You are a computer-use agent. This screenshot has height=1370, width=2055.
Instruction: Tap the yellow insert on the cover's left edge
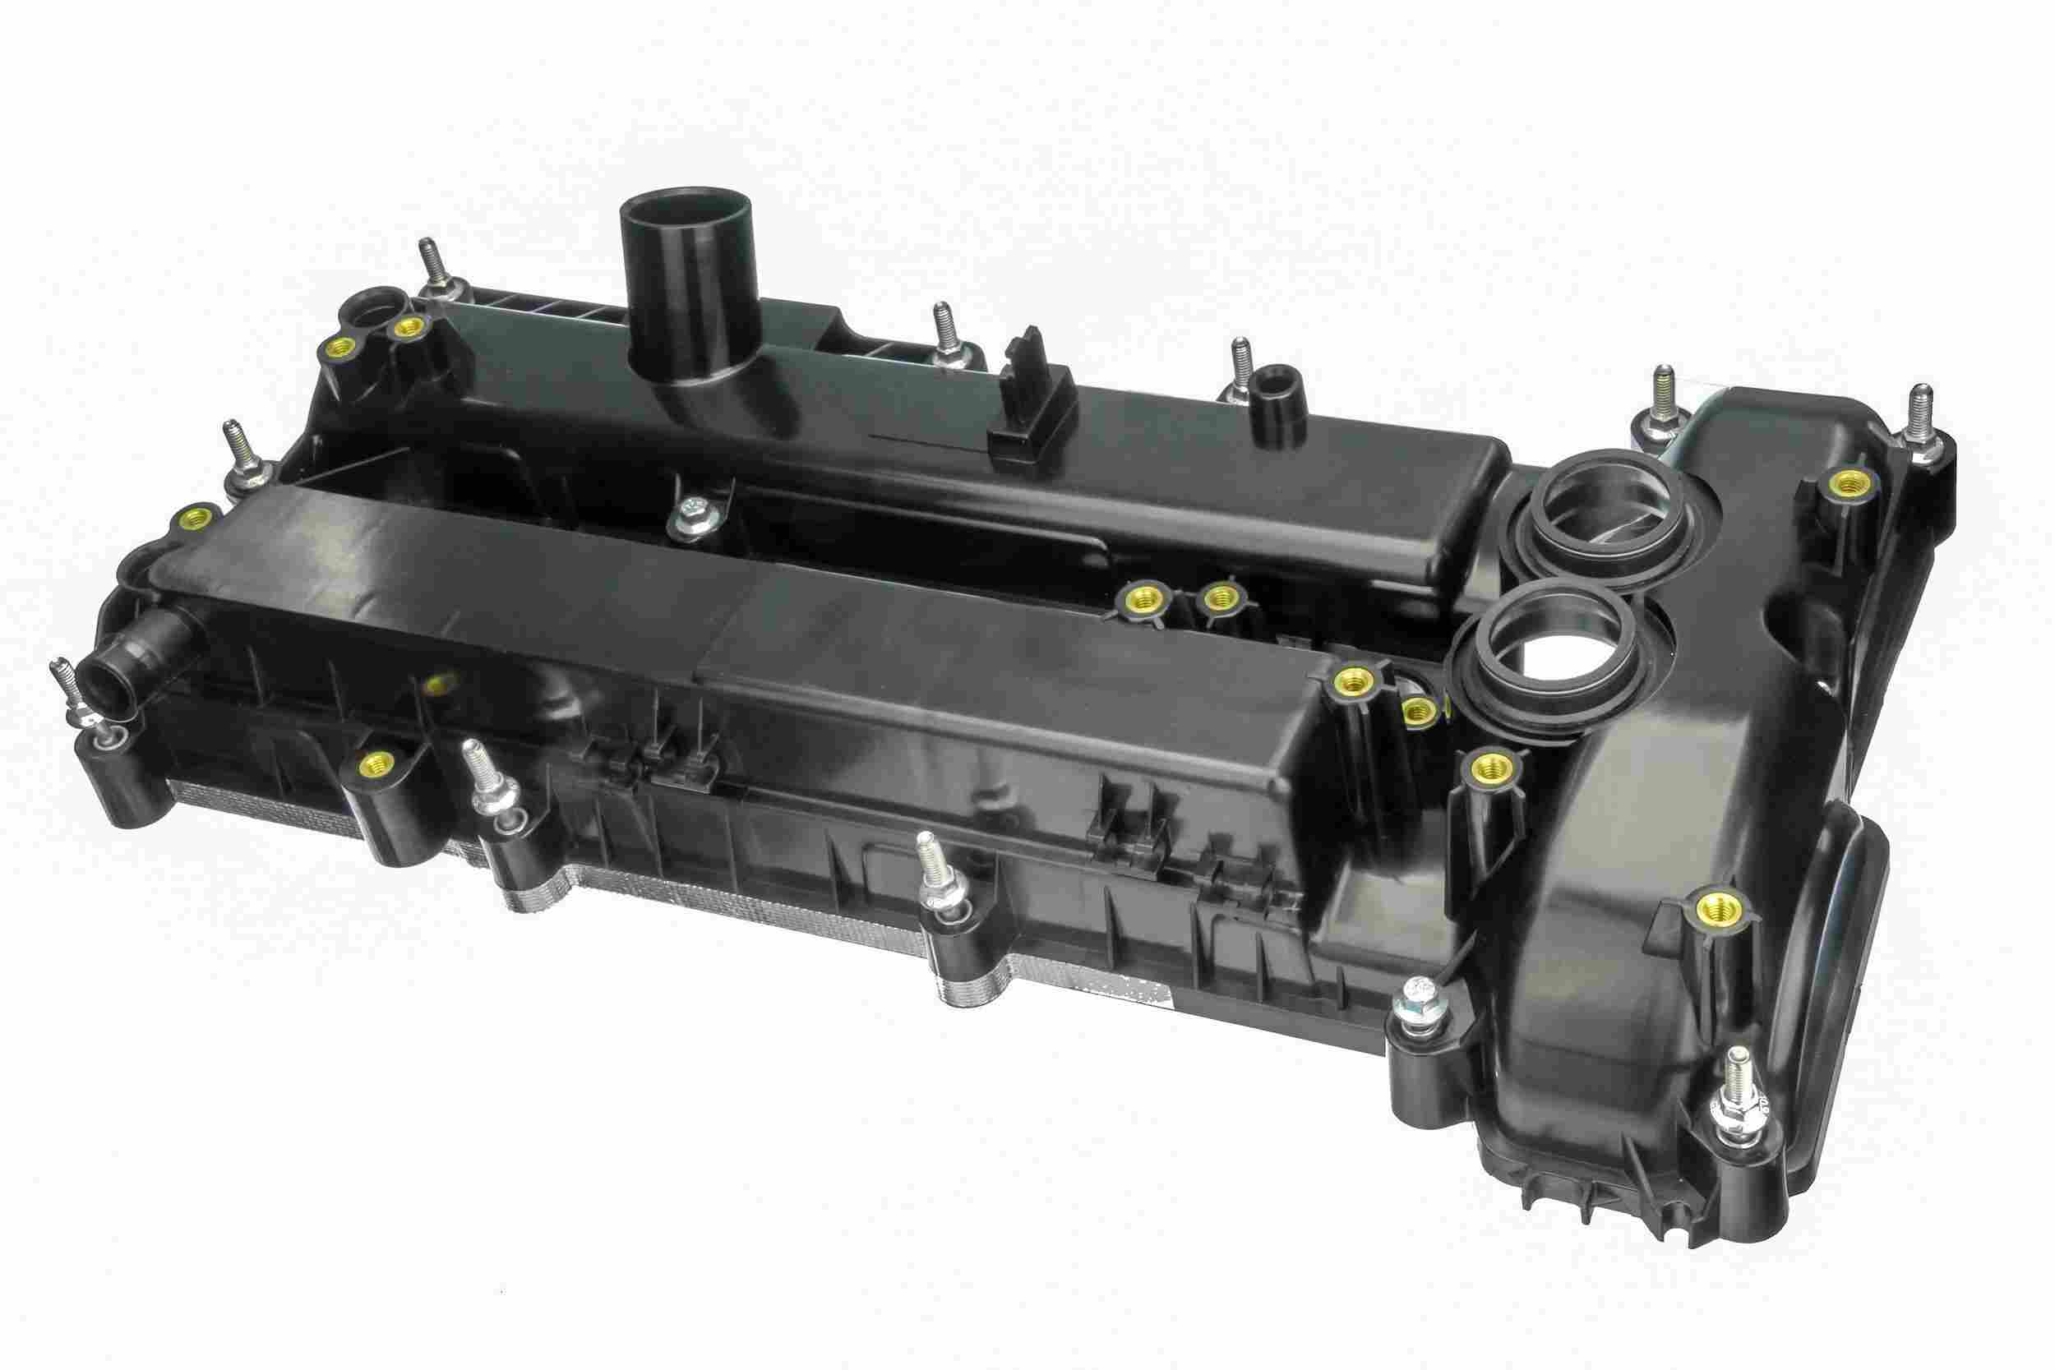click(x=192, y=520)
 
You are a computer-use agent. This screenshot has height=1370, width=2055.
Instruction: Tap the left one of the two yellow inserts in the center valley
click(x=1138, y=599)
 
